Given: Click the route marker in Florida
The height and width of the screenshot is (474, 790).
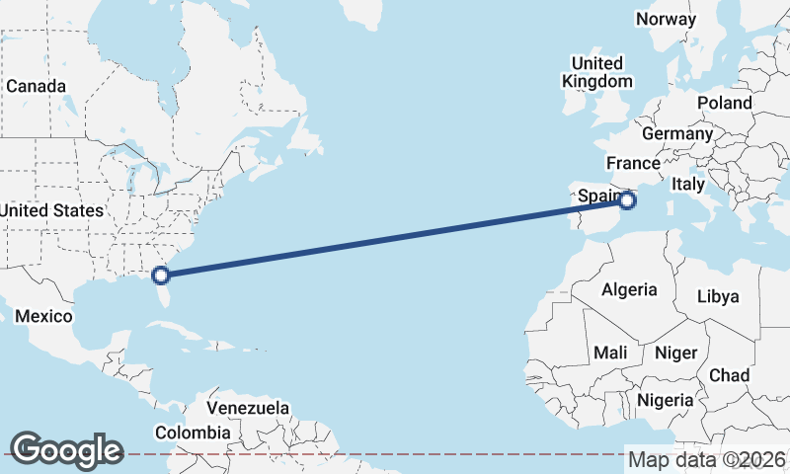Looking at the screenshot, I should point(161,276).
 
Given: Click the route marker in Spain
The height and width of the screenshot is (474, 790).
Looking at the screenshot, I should point(628,200).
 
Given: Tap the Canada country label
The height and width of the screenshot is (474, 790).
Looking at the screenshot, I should point(36,86).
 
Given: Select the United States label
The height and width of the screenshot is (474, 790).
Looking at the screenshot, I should point(51,210).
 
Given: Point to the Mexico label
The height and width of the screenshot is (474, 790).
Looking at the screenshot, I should point(44,316).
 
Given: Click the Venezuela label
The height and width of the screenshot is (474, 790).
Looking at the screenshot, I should point(248,408).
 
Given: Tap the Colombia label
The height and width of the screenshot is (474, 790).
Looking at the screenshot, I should point(193,433).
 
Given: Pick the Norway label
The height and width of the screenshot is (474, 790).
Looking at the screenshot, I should point(667,19).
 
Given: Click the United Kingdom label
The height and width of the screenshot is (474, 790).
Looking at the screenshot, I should point(597,72).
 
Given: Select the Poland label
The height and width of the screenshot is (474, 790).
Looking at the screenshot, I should point(724,103).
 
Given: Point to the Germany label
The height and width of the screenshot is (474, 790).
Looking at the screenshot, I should point(676,133).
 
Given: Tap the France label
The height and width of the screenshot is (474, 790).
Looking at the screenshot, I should point(633,163).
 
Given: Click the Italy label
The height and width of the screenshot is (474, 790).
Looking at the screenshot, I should point(687,184).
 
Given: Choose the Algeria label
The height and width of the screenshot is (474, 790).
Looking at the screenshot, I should point(629,289).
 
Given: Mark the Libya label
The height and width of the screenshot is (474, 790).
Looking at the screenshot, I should point(717,296).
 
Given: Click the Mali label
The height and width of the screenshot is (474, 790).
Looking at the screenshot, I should point(610,353).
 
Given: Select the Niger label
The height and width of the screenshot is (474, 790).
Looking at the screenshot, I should point(676,353).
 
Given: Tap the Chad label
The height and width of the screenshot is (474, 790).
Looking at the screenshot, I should point(729,375).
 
